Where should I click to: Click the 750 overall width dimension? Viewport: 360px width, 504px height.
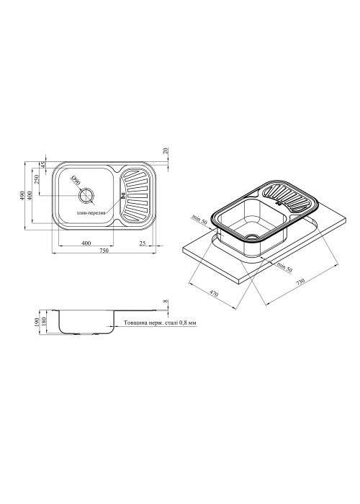click(x=104, y=251)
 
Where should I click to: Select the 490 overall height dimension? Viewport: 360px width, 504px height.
click(x=22, y=196)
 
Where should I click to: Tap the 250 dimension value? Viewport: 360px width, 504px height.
click(x=36, y=179)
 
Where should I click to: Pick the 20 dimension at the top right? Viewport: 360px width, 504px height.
click(x=166, y=151)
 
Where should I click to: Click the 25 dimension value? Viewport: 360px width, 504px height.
click(x=143, y=243)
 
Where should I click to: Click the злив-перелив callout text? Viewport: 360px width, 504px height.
click(x=90, y=213)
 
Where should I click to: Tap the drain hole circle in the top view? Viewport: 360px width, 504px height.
click(x=86, y=195)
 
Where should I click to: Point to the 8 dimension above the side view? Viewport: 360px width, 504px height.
click(x=166, y=301)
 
